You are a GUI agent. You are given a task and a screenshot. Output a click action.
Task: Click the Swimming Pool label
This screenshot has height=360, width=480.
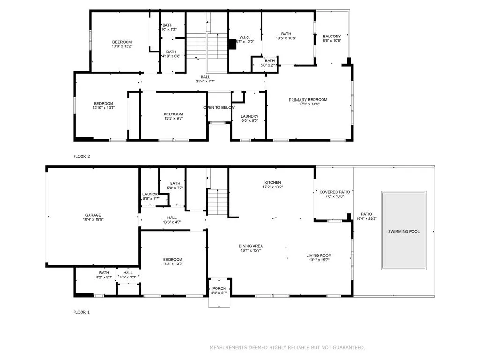pos(404,232)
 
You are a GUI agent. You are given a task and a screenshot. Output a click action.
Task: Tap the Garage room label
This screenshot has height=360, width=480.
pos(93,215)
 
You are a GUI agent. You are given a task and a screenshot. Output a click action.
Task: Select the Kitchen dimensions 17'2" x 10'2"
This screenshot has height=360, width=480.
pos(272,187)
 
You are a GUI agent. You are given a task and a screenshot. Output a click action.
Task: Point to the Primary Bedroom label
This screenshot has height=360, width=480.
pos(307,100)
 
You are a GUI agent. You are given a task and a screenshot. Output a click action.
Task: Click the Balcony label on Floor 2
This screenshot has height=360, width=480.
pos(332,36)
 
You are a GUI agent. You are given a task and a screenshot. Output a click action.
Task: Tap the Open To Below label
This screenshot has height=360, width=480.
pos(219,108)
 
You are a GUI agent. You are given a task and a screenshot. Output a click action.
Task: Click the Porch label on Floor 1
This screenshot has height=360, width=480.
pos(219,288)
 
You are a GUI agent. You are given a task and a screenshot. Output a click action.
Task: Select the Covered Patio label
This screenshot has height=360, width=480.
pos(335,192)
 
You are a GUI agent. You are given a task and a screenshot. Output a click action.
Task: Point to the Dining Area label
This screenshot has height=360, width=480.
pos(251,246)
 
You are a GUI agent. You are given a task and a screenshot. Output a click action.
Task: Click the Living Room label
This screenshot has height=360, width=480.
pos(319,255)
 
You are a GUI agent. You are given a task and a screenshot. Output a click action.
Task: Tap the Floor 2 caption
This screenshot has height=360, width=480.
pos(81,156)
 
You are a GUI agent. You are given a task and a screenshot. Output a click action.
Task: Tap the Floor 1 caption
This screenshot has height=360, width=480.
pos(81,312)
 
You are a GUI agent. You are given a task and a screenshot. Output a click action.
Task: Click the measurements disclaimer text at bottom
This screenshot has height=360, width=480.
pos(287,347)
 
